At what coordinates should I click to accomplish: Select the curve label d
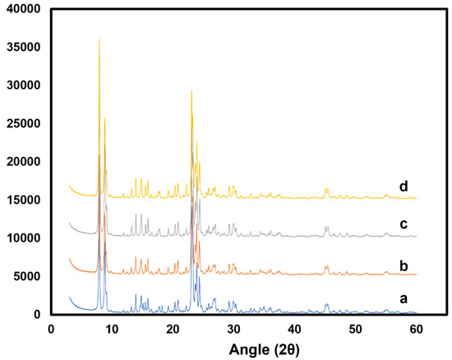pos(404,187)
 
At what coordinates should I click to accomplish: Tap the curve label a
pos(404,300)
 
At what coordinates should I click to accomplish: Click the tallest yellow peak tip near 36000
pos(99,39)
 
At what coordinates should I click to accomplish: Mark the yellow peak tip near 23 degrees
pos(191,91)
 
